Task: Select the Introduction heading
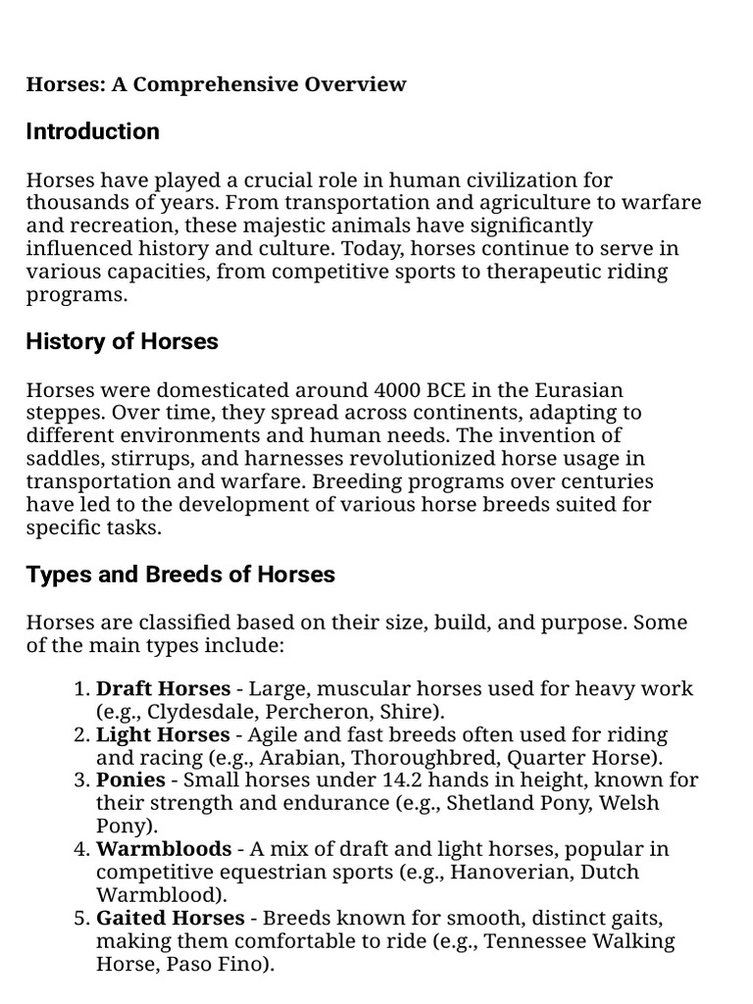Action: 93,131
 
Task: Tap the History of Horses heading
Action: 123,341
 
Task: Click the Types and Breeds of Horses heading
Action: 180,575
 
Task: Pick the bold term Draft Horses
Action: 163,688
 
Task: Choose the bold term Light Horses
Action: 163,734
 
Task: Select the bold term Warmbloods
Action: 164,849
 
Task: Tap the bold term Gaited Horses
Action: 171,919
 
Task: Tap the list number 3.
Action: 82,780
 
